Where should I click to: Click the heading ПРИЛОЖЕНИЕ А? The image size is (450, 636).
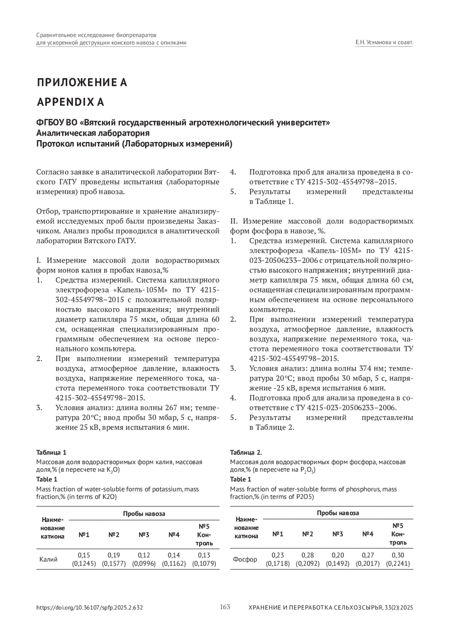pyautogui.click(x=82, y=82)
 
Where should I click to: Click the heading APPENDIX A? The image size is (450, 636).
pyautogui.click(x=70, y=102)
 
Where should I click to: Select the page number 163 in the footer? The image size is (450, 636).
pyautogui.click(x=225, y=607)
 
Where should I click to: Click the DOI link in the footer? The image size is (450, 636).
pyautogui.click(x=90, y=608)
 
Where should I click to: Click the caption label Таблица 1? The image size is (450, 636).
pyautogui.click(x=51, y=452)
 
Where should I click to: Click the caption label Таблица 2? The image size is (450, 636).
pyautogui.click(x=246, y=452)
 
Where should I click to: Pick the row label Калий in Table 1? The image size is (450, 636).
pyautogui.click(x=49, y=560)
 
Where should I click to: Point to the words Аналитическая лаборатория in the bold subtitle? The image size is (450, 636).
pyautogui.click(x=93, y=133)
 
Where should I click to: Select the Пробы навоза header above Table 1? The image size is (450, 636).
pyautogui.click(x=144, y=514)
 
